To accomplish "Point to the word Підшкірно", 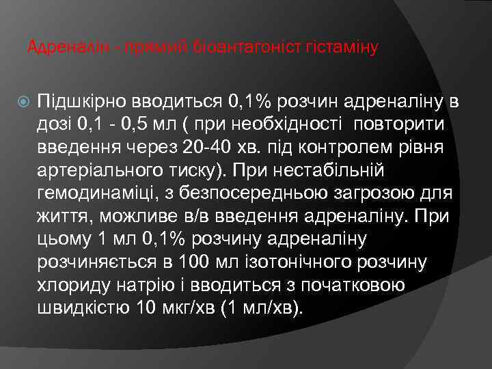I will (85, 102).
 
